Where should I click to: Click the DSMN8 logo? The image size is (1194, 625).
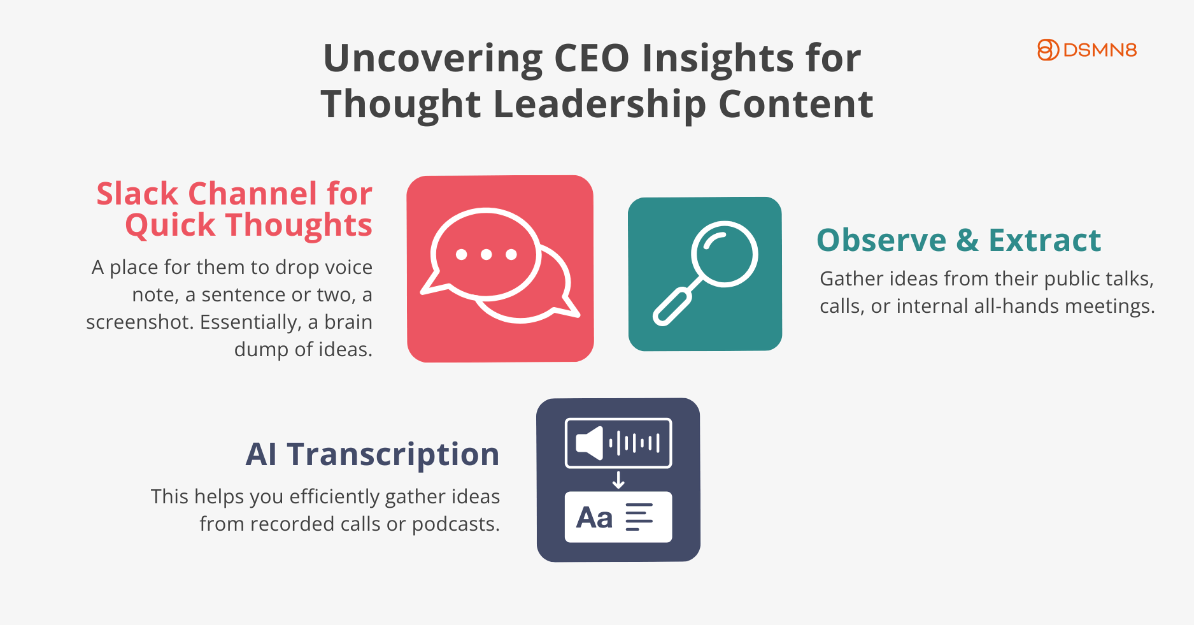[x=1087, y=50]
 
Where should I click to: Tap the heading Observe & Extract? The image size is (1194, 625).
[x=959, y=240]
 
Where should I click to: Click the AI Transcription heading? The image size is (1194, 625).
[x=373, y=455]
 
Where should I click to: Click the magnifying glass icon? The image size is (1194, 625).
[x=706, y=273]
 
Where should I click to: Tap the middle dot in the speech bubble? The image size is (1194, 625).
[x=487, y=255]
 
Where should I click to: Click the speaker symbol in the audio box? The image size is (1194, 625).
[x=590, y=443]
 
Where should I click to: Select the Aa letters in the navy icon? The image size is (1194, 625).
[x=594, y=517]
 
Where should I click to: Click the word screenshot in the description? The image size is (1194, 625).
[x=140, y=322]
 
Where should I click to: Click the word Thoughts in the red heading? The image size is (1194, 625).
[x=299, y=226]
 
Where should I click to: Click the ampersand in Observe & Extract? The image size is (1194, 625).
[x=967, y=240]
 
